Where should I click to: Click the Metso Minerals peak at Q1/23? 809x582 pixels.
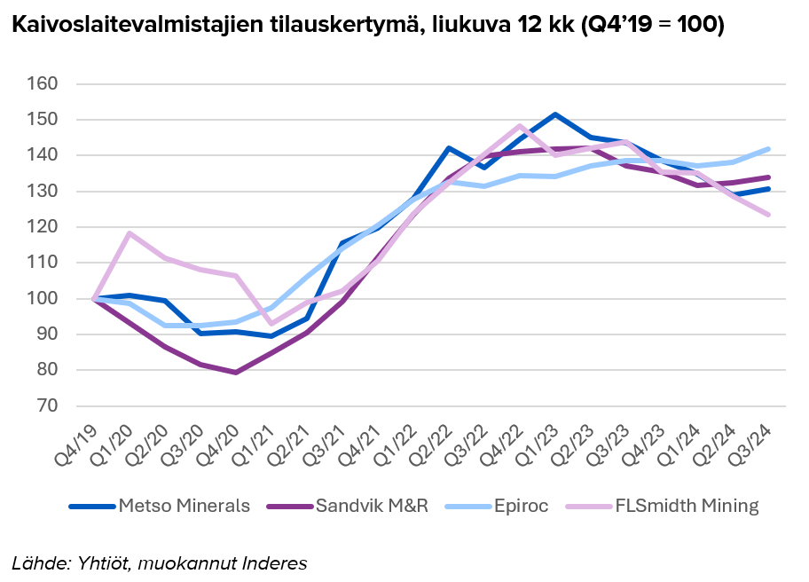coord(555,114)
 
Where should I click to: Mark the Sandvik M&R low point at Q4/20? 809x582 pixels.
coord(236,372)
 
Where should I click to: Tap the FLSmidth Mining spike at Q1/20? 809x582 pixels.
coord(130,233)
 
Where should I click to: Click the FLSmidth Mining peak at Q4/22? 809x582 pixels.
coord(520,126)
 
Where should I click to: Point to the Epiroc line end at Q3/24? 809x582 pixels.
coord(768,149)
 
